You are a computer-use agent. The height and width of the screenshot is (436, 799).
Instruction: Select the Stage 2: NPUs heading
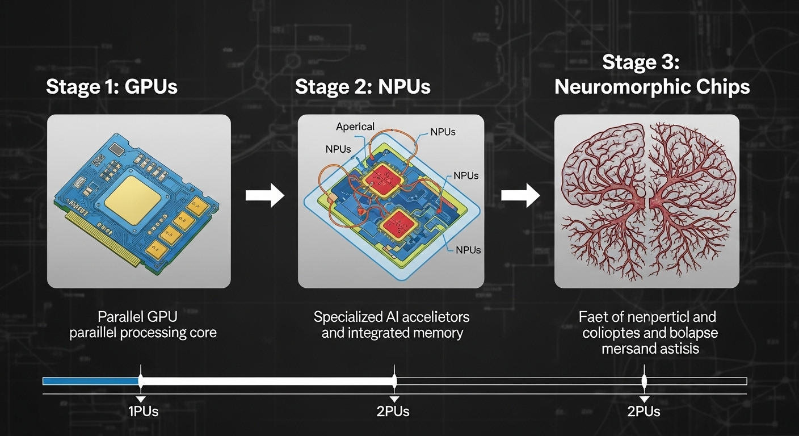click(363, 87)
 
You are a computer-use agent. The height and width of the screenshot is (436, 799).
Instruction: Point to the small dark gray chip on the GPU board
click(116, 149)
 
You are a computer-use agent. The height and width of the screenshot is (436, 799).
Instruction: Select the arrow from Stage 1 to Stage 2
click(264, 196)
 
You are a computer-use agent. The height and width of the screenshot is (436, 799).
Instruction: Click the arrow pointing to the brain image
click(520, 196)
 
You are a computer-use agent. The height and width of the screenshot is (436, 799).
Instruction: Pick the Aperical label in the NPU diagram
click(355, 127)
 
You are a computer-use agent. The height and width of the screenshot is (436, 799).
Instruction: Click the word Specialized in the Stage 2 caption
click(348, 317)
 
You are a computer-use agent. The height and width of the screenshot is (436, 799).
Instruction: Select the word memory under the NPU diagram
click(438, 333)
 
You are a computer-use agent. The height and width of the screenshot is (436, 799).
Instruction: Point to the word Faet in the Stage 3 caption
click(591, 317)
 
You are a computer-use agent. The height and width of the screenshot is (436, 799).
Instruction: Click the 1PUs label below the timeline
click(143, 412)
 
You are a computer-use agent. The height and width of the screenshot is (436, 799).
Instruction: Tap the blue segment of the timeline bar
click(91, 381)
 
